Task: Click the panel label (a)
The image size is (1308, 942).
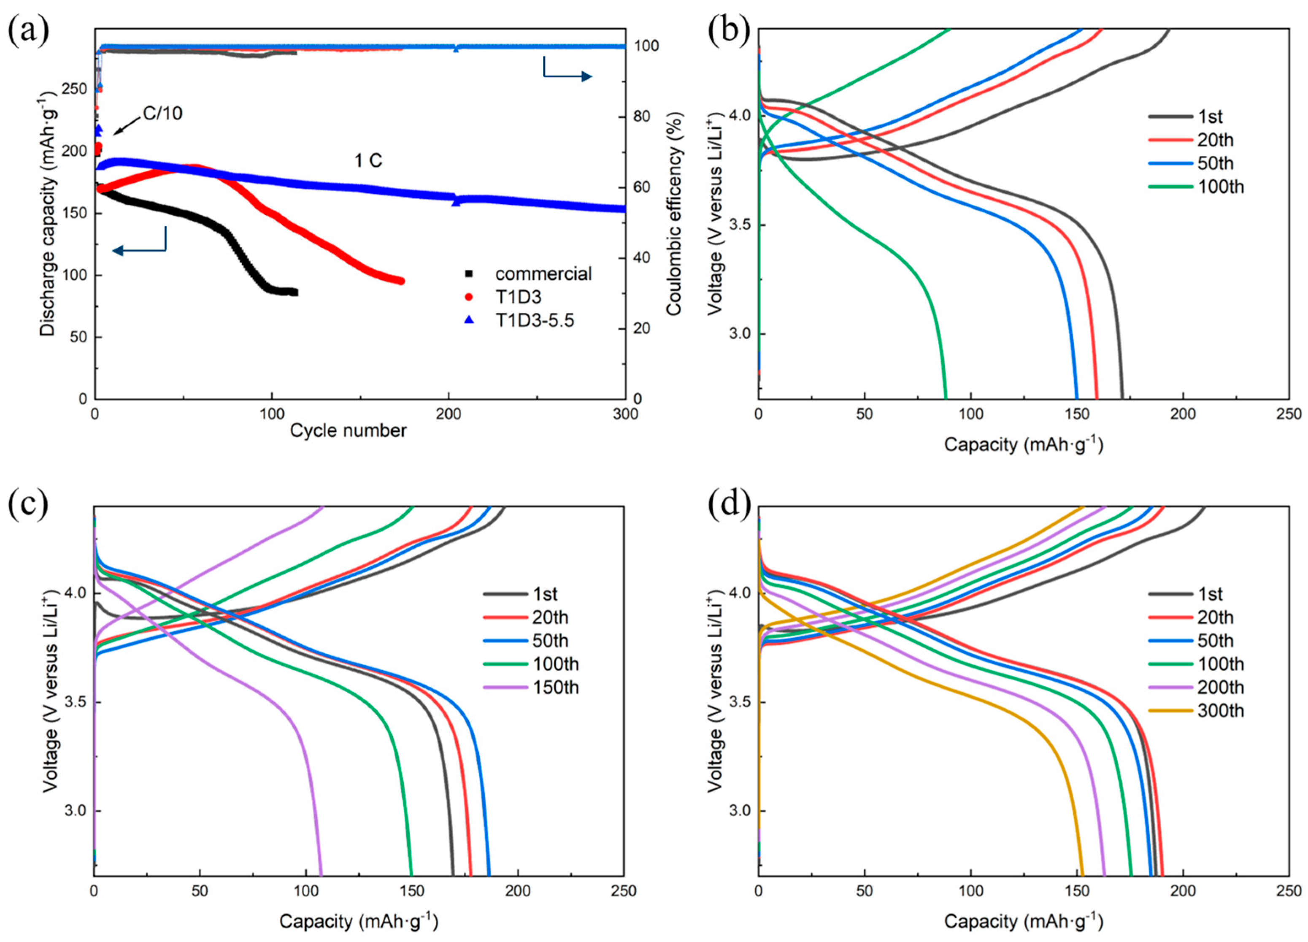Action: (28, 30)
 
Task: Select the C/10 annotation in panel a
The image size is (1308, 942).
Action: (162, 113)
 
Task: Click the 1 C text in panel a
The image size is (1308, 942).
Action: (368, 161)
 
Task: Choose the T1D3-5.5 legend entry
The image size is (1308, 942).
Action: (535, 320)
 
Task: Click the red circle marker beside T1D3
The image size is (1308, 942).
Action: (469, 297)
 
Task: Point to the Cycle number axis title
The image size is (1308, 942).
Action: (349, 430)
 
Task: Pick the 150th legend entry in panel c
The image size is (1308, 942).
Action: (555, 688)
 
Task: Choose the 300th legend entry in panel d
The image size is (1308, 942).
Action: (1220, 711)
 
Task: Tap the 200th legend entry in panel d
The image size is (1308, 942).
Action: (1220, 688)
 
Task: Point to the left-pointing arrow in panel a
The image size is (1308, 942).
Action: (138, 249)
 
